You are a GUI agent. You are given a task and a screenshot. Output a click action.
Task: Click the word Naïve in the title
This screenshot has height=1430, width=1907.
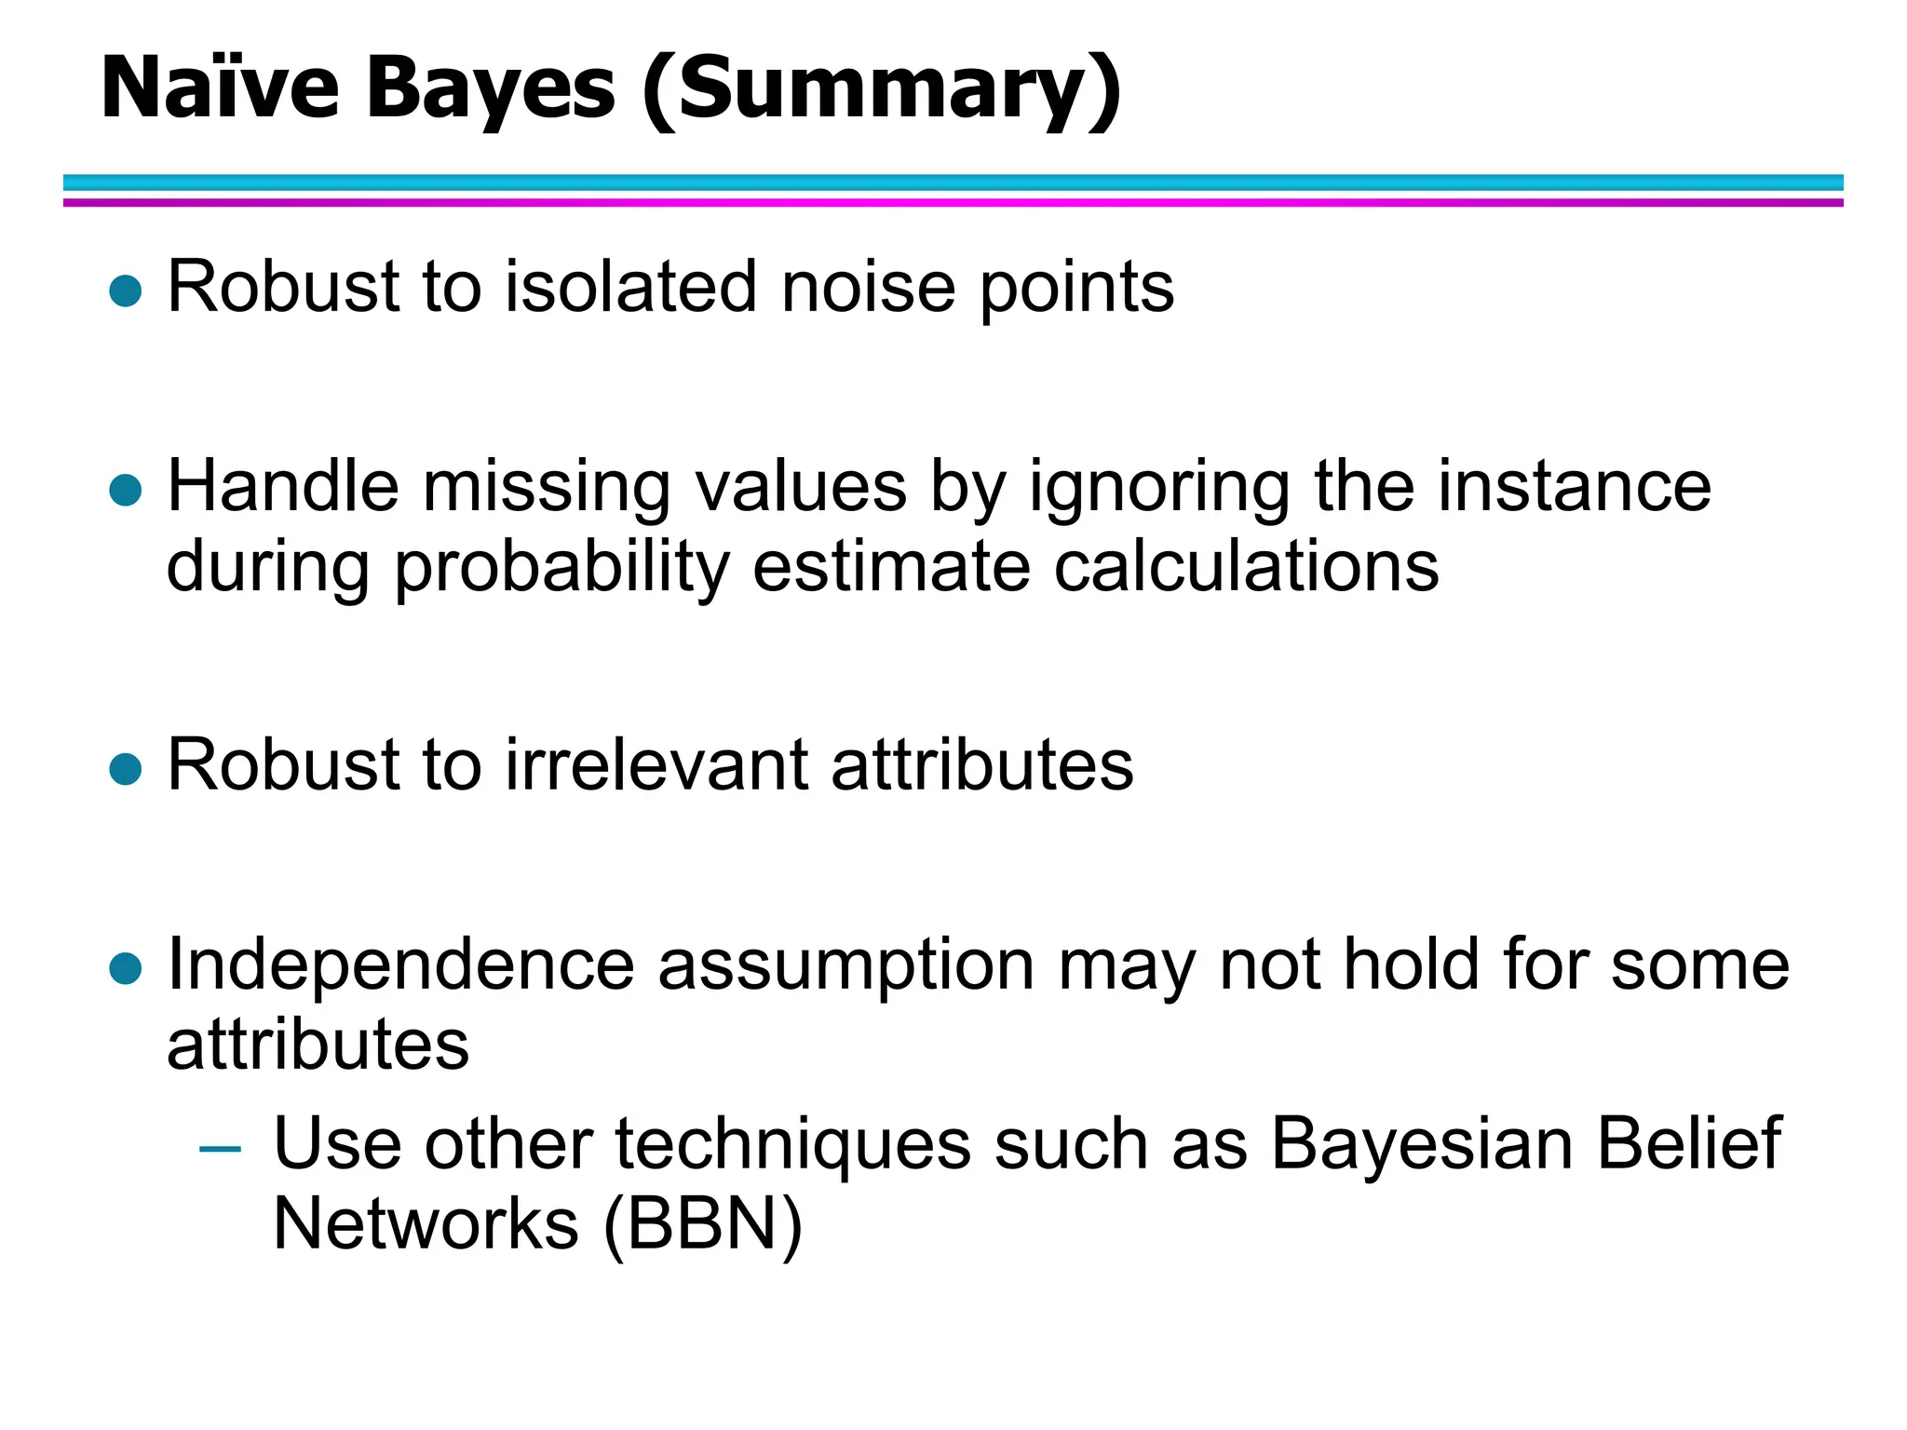point(220,88)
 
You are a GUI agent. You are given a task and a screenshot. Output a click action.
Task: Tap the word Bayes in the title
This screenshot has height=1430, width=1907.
point(490,88)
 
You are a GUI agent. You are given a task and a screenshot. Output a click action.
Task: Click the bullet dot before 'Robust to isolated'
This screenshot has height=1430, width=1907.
point(125,290)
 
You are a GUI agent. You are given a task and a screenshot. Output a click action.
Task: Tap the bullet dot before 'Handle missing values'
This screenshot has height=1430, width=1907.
point(125,490)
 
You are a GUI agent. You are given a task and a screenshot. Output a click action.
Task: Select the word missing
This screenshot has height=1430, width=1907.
point(547,488)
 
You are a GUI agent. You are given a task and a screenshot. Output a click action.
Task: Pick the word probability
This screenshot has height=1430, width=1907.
point(561,568)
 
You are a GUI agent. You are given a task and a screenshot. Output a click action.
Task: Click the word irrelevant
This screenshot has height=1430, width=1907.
point(656,765)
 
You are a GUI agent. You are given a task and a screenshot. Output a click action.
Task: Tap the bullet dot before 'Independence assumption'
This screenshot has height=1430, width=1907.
point(125,968)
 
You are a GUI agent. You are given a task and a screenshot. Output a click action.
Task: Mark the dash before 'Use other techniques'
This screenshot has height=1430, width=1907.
point(221,1149)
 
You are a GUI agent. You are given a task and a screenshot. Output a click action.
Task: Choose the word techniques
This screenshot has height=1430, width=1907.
point(792,1145)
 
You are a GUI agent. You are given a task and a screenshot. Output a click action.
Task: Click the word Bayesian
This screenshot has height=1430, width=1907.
point(1422,1145)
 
